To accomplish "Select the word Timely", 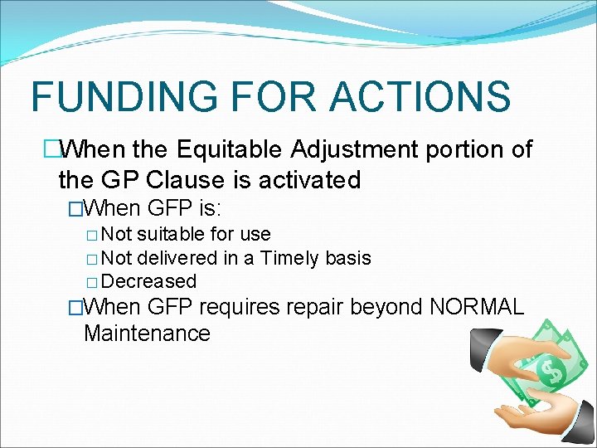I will coord(289,258).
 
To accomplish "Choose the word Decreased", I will coord(150,281).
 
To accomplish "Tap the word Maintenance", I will coord(147,334).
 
